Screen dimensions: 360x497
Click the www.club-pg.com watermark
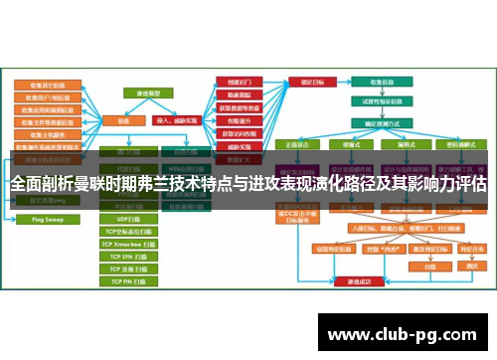(409, 333)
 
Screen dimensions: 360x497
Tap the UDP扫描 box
(130, 218)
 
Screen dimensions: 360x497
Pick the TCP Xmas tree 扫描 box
(130, 243)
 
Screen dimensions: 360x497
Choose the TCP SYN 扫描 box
(130, 256)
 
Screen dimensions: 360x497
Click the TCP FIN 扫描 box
(130, 281)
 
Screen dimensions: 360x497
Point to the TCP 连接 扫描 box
(130, 269)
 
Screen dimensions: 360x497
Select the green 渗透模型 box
(148, 92)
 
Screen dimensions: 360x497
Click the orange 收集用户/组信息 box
(47, 98)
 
